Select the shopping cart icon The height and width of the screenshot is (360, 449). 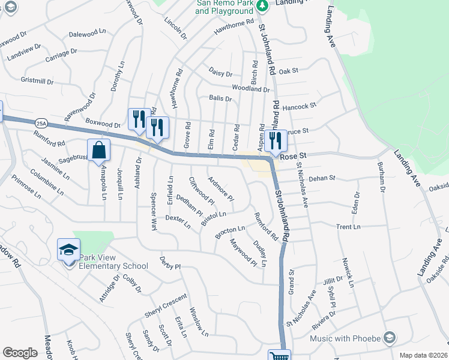[279, 356]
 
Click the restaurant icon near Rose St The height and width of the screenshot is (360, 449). [276, 140]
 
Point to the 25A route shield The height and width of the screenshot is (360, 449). [40, 123]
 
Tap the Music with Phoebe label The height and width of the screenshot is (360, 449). [345, 338]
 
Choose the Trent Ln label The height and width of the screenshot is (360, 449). [348, 227]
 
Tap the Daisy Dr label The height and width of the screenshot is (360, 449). [220, 73]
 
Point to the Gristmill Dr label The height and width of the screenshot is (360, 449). [37, 80]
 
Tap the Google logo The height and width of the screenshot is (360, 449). [20, 353]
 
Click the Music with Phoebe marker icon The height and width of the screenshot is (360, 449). [390, 337]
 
